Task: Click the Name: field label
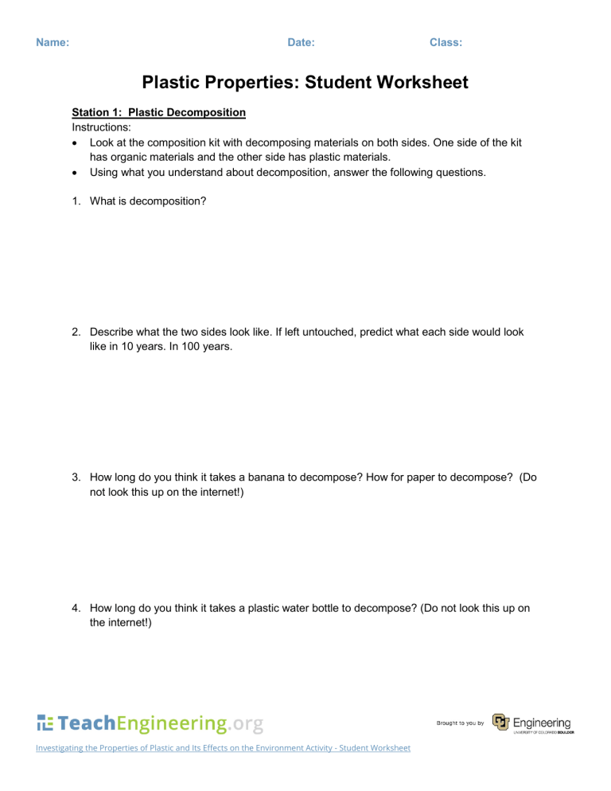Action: (53, 42)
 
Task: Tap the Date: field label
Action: (301, 42)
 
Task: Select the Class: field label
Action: (446, 42)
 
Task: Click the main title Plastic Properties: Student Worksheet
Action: (305, 82)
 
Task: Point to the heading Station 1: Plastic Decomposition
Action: (158, 112)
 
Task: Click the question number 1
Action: (76, 201)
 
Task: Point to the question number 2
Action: (76, 332)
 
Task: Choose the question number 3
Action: (76, 478)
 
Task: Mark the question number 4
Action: (76, 609)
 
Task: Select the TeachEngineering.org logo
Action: (150, 723)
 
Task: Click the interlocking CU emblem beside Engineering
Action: (500, 722)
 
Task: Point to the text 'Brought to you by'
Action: (461, 723)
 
